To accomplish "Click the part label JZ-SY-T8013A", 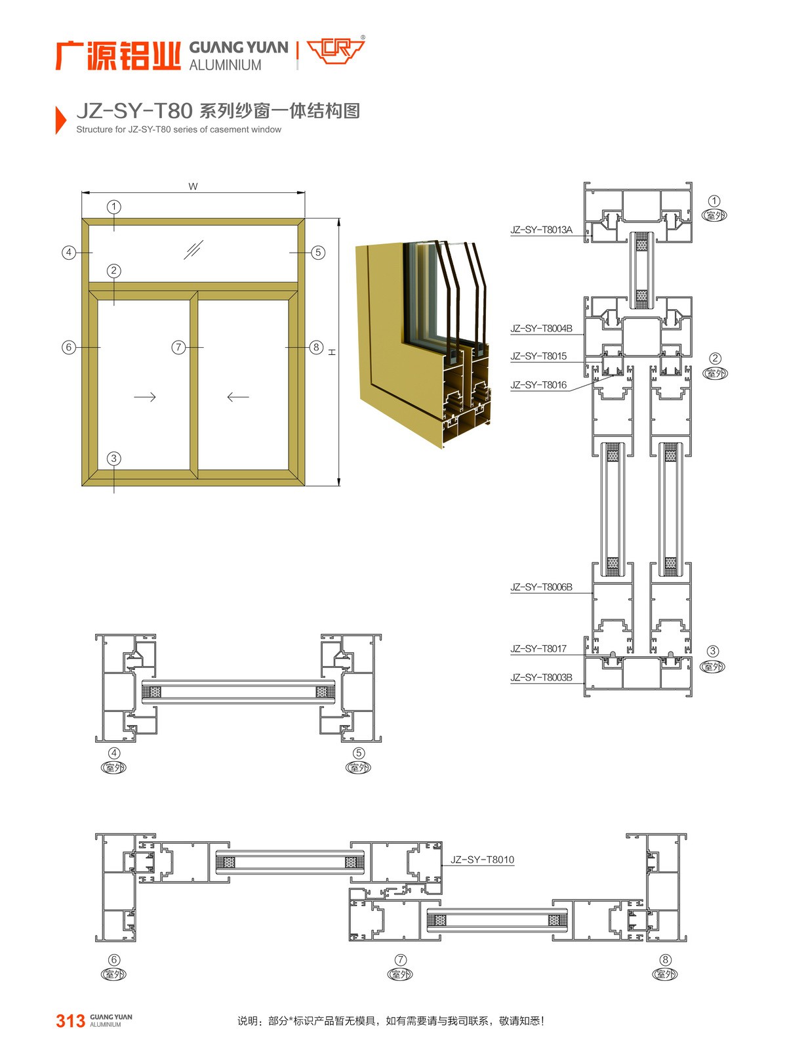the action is pos(541,230).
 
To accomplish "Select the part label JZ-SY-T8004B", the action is pos(541,328).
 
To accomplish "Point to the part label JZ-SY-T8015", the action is pos(538,356).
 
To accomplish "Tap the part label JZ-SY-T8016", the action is pos(538,385).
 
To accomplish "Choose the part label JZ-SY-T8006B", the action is pos(541,587).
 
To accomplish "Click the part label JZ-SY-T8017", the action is pos(538,649).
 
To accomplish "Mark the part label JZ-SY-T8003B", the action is pos(541,677).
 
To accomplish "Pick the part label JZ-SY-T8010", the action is pos(483,860).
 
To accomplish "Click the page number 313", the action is pos(70,1021).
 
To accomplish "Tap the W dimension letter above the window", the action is pos(193,186).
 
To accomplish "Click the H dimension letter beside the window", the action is pos(332,352).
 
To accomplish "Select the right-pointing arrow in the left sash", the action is pos(145,396).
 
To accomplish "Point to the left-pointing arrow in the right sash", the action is pos(238,396).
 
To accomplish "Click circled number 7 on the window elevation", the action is pos(179,347).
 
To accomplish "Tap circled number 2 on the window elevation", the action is pos(114,271).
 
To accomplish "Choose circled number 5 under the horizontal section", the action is pos(359,753).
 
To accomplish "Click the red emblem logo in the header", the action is pos(336,49).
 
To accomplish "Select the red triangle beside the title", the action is pos(61,119).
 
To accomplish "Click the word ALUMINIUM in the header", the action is pos(225,65).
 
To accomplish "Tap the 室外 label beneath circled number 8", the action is pos(665,974).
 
